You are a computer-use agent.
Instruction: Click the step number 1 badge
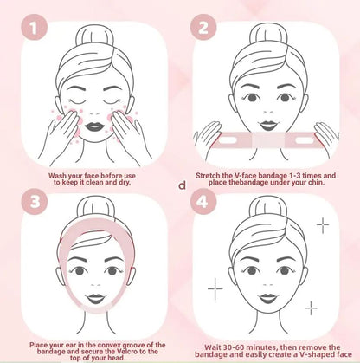[x=34, y=27]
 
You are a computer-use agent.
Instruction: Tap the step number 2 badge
[x=203, y=27]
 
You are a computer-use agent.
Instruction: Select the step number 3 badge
[x=35, y=201]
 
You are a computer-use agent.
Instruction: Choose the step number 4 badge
[x=203, y=201]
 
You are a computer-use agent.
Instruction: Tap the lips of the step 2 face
[x=268, y=126]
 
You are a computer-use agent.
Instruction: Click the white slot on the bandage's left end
[x=229, y=140]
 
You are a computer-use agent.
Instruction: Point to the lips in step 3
[x=95, y=299]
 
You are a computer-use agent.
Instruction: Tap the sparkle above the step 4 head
[x=323, y=224]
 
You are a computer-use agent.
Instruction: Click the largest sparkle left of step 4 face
[x=215, y=288]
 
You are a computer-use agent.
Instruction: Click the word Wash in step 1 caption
[x=56, y=176]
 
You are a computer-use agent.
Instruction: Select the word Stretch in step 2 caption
[x=207, y=176]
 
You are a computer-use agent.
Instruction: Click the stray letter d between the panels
[x=182, y=185]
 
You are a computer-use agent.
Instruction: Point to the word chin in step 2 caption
[x=316, y=183]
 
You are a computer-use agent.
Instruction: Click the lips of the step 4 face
[x=268, y=299]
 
